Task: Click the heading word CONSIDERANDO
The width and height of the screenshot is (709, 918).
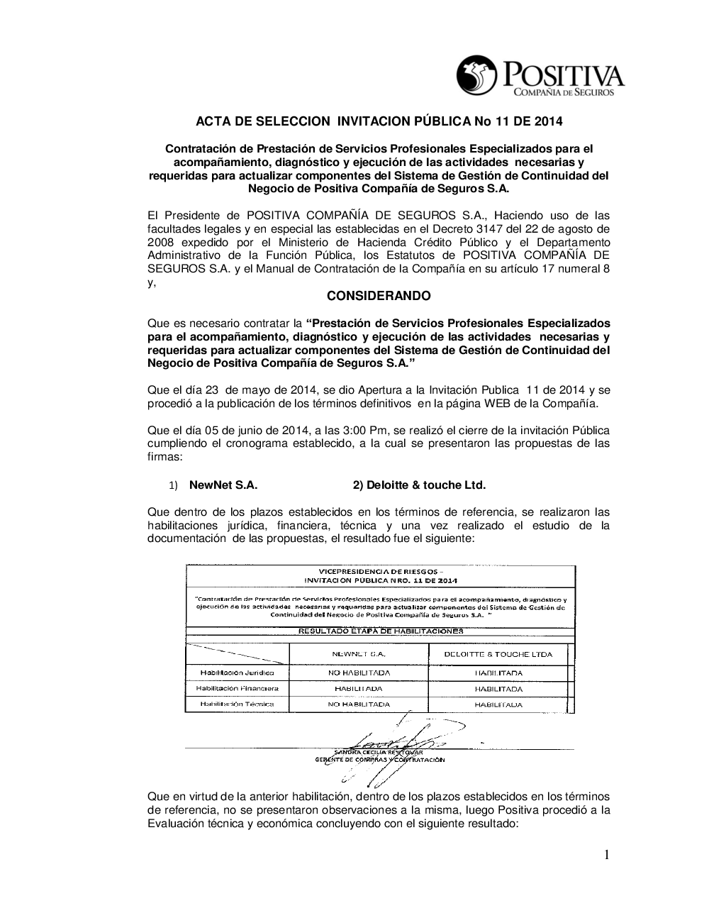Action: coord(378,295)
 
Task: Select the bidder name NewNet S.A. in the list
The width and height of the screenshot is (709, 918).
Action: coord(223,485)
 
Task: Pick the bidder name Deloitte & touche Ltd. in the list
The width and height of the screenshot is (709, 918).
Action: coord(419,485)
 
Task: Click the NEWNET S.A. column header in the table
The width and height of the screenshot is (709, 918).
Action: coord(358,654)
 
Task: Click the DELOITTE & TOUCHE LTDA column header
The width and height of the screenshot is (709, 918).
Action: coord(498,654)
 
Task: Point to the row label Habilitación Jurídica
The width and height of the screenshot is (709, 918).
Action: coord(237,672)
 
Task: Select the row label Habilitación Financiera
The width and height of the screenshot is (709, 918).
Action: coord(237,688)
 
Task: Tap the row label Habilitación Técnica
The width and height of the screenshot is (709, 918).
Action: coord(237,704)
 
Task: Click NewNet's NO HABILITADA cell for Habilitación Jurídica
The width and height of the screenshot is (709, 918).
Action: coord(358,672)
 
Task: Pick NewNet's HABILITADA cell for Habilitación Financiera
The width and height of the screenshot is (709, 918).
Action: coord(358,689)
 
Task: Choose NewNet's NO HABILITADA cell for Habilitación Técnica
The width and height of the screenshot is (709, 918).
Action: coord(358,704)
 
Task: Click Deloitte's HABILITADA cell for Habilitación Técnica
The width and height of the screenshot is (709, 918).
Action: coord(498,704)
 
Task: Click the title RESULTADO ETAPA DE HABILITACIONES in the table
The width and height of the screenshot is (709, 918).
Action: coord(380,630)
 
